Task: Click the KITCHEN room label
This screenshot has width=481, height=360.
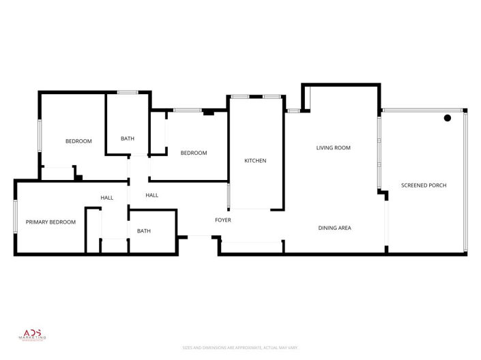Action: (255, 161)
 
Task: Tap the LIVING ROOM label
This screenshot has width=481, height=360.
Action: (333, 148)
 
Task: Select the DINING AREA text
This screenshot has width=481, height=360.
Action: (334, 228)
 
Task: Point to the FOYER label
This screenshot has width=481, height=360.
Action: (222, 220)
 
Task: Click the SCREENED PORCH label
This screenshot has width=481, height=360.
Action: (423, 185)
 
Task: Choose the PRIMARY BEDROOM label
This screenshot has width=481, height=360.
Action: (50, 222)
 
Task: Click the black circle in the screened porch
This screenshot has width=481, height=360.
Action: (448, 118)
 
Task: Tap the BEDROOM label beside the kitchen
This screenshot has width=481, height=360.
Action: (193, 153)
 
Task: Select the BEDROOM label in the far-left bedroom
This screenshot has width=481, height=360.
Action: (78, 141)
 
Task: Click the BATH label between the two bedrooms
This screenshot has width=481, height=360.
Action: (128, 138)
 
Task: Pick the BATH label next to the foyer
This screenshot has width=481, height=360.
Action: (143, 231)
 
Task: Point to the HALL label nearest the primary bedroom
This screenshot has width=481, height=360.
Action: (106, 198)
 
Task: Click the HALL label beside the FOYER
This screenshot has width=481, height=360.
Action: (151, 196)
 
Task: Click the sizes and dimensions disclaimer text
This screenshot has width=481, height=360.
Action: (240, 348)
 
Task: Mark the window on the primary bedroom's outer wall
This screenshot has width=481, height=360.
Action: (15, 218)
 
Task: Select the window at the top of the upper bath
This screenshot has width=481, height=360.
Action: (127, 92)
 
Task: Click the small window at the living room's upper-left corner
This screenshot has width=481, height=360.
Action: (293, 110)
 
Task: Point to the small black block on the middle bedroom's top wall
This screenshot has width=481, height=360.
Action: (209, 112)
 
